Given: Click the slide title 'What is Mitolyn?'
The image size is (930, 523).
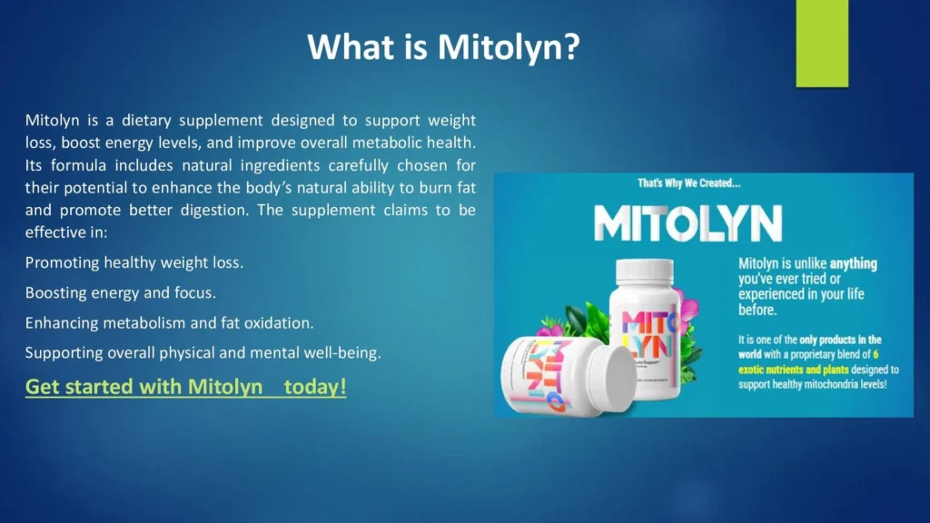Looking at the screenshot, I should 443,45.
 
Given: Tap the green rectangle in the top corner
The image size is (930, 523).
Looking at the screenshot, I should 821,43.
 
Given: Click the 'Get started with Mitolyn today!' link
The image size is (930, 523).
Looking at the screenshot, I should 185,387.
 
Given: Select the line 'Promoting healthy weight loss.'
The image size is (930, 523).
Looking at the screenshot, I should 134,263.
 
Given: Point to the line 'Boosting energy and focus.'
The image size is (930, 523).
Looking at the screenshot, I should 120,293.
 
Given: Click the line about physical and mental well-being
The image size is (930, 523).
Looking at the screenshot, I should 203,353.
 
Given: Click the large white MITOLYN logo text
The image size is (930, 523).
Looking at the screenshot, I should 688,223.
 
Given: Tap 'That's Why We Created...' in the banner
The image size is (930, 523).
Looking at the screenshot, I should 689,183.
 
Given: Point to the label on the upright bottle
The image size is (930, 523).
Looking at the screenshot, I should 643,336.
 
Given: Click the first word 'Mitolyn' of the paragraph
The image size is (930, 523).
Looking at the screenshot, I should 51,121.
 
